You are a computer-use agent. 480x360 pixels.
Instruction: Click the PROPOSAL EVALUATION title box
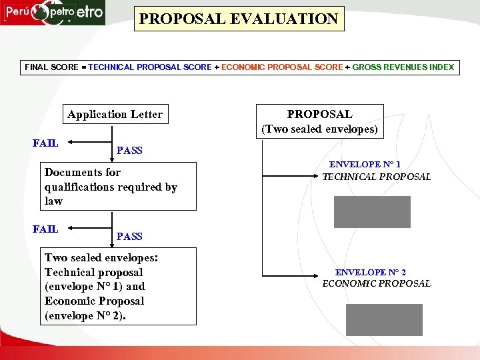[239, 19]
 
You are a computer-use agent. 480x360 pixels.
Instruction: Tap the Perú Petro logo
[53, 13]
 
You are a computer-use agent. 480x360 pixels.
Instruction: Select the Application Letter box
[115, 114]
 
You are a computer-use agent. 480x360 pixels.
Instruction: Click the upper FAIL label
[45, 143]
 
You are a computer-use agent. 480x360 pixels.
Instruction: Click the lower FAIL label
[45, 229]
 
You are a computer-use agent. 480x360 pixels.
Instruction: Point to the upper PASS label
[129, 150]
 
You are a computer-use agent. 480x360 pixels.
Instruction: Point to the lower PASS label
[129, 236]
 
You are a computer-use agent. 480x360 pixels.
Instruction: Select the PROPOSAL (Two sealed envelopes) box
[319, 121]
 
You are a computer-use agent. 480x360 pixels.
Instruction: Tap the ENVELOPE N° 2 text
[371, 272]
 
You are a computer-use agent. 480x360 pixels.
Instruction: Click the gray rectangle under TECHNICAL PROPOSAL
[372, 212]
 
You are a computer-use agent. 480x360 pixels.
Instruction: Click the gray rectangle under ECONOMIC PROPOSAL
[384, 320]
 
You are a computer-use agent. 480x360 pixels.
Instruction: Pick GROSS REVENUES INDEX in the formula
[403, 67]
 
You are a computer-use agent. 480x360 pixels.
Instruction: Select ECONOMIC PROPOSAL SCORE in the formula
[282, 67]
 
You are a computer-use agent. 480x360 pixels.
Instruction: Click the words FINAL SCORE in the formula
[51, 67]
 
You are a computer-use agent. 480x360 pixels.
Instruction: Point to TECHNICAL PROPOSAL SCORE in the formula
[150, 67]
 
